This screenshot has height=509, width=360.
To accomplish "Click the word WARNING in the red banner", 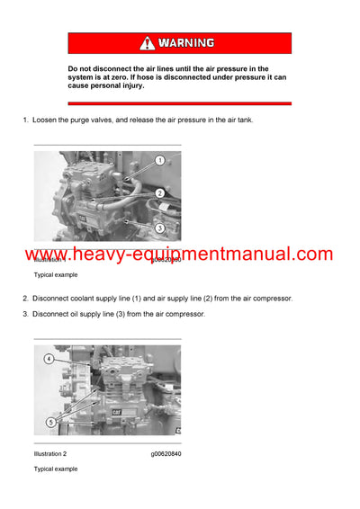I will click(188, 42).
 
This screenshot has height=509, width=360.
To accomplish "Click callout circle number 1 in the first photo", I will click(158, 160).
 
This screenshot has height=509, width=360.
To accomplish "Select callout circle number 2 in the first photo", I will click(158, 193).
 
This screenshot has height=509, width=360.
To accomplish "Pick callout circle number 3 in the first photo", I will click(158, 228).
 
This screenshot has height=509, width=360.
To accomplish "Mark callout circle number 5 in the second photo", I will click(51, 421).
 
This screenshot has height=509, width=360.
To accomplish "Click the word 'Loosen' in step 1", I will click(48, 120).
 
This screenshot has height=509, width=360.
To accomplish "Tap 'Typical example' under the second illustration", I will click(56, 469).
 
